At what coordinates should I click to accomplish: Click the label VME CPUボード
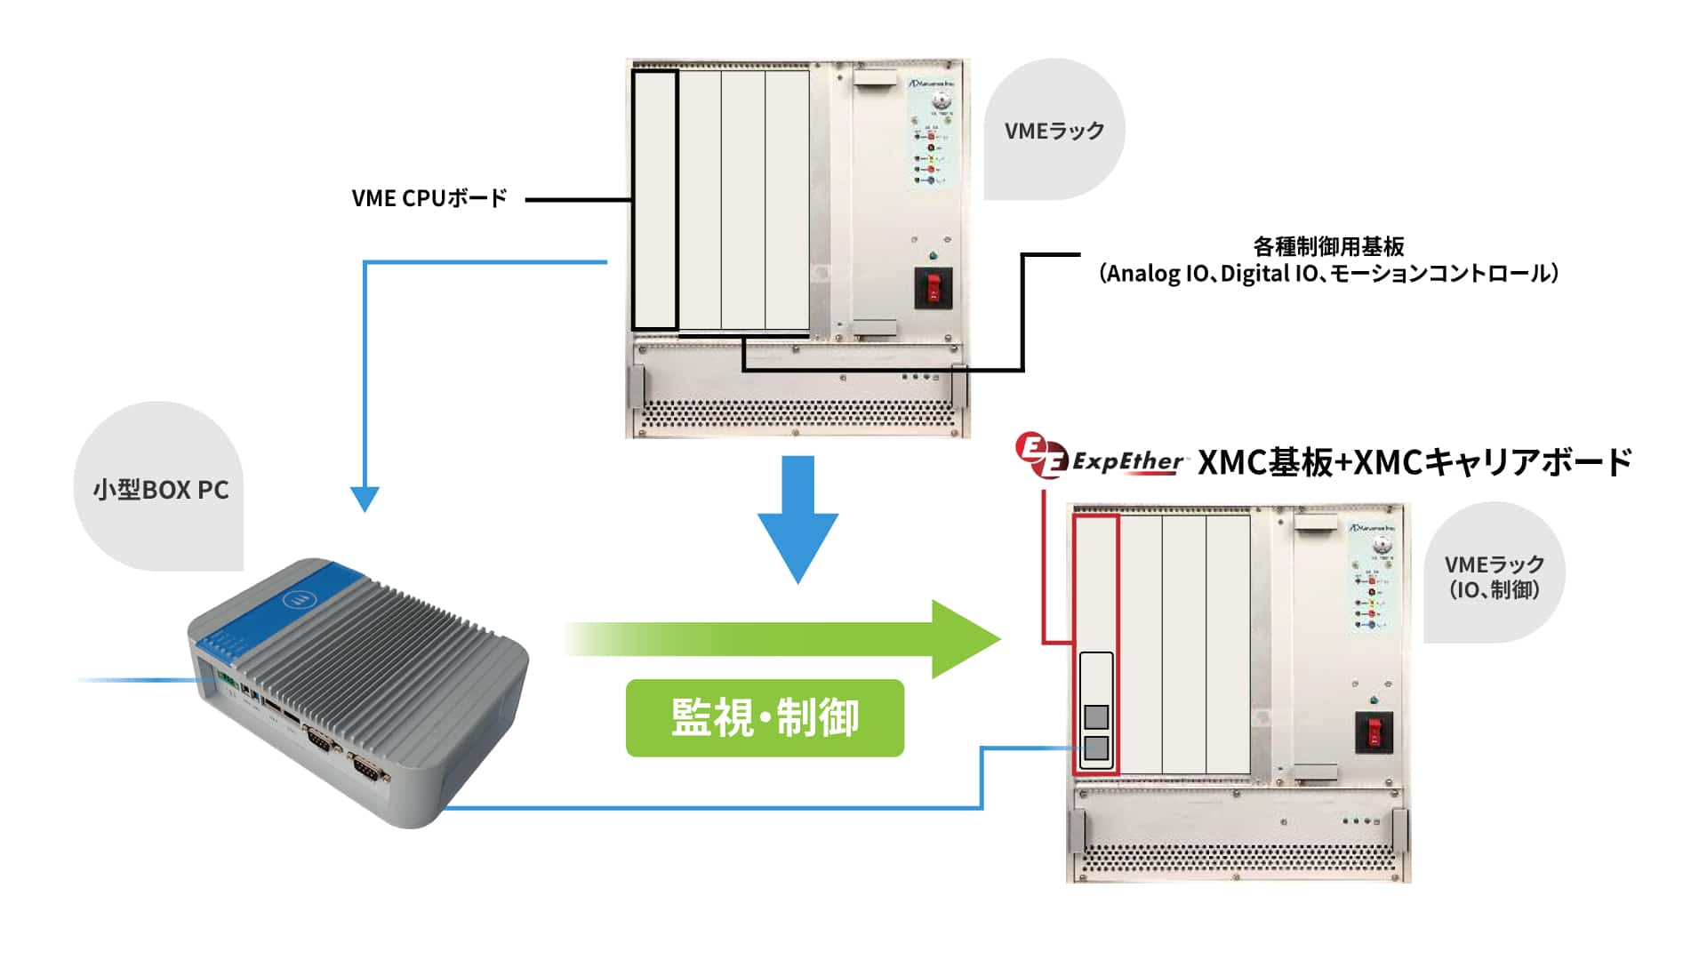[x=429, y=198]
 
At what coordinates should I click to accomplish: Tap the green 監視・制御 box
[x=765, y=718]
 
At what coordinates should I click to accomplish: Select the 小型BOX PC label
[x=161, y=490]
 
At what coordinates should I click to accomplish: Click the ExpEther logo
[x=1100, y=458]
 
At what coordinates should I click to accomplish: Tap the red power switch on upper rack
[x=934, y=287]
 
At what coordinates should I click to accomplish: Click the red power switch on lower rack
[x=1374, y=732]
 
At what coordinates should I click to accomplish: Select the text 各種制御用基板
[x=1328, y=246]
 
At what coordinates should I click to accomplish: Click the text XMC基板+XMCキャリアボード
[x=1414, y=462]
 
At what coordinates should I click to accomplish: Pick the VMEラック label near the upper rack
[x=1054, y=131]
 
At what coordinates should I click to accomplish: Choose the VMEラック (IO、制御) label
[x=1494, y=576]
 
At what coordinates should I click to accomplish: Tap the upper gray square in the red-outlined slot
[x=1097, y=716]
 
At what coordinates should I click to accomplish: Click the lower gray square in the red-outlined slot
[x=1097, y=748]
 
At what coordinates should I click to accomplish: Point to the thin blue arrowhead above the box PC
[x=365, y=499]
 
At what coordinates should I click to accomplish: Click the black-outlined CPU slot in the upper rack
[x=655, y=200]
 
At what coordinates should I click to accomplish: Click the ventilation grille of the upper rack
[x=797, y=415]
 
